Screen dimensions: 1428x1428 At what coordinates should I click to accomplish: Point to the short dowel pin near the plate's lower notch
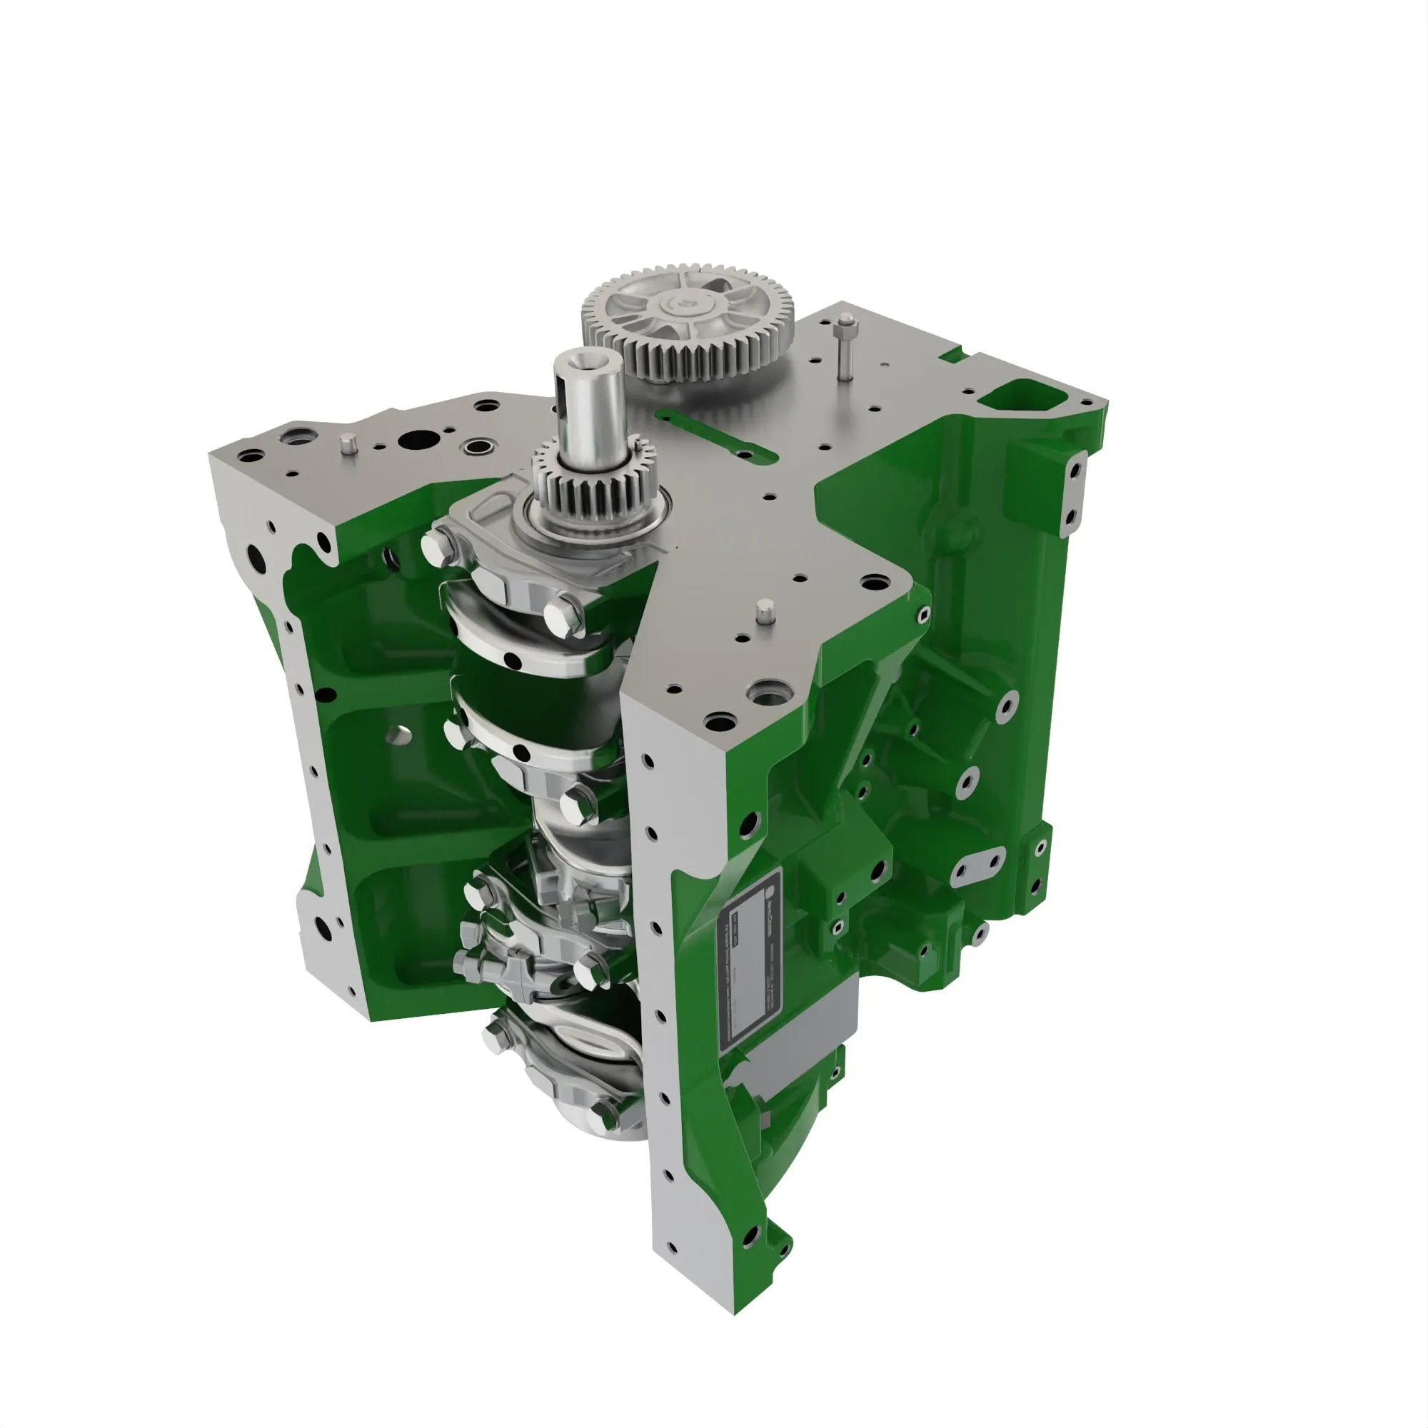[765, 611]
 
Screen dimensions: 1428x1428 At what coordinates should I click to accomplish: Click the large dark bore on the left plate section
[413, 441]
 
